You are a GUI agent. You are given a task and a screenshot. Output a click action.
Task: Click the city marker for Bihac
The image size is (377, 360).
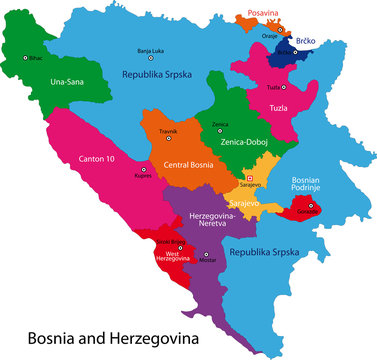pyautogui.click(x=26, y=58)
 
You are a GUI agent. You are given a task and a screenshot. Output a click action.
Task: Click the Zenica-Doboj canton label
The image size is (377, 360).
pyautogui.click(x=235, y=145)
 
